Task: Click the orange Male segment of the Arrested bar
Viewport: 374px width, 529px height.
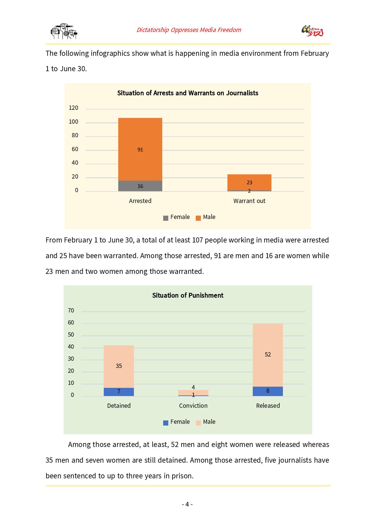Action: [x=140, y=149]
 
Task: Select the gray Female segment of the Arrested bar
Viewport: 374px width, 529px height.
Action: [x=140, y=186]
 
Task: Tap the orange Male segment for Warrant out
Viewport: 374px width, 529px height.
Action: [x=249, y=182]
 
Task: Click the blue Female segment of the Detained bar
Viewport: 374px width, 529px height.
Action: [x=119, y=392]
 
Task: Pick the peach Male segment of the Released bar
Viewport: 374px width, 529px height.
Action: [x=268, y=355]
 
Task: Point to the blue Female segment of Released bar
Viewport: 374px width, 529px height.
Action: [x=268, y=391]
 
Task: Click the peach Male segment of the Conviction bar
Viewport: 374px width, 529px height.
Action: [x=193, y=392]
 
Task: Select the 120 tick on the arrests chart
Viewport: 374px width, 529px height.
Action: [x=74, y=108]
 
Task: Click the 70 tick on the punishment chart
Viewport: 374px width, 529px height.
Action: [x=71, y=311]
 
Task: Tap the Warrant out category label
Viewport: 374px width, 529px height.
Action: [x=249, y=201]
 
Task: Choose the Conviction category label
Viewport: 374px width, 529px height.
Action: [x=193, y=406]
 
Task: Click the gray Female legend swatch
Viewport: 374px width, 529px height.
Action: [x=166, y=218]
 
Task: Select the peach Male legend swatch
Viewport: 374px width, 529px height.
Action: [x=198, y=423]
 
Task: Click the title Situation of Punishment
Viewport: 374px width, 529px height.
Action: [x=188, y=295]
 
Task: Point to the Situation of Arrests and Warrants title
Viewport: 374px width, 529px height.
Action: [x=188, y=93]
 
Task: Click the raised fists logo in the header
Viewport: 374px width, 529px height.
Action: [x=64, y=31]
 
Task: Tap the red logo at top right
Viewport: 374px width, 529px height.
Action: [x=312, y=31]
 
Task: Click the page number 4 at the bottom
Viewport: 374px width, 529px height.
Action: [x=187, y=504]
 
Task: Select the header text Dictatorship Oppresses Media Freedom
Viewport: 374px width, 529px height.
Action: [x=189, y=30]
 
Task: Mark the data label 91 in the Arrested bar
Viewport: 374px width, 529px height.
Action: [x=140, y=150]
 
